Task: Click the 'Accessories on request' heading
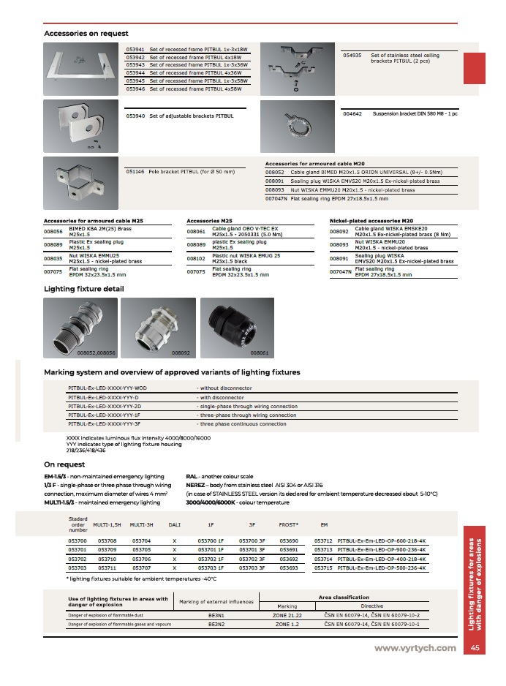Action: coord(86,34)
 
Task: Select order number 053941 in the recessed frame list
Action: coord(135,49)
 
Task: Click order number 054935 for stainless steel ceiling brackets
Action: coord(352,56)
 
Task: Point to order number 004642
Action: coord(352,114)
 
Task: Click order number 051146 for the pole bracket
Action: coord(135,171)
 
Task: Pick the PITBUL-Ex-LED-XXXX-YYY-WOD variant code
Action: coord(107,388)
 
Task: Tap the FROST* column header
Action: coord(288,524)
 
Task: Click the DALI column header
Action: coord(174,524)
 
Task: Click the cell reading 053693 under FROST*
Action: coord(290,568)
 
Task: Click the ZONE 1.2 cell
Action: coord(287,625)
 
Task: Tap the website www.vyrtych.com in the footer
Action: coord(415,648)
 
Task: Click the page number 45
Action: coord(475,648)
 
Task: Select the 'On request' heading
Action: coord(62,464)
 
